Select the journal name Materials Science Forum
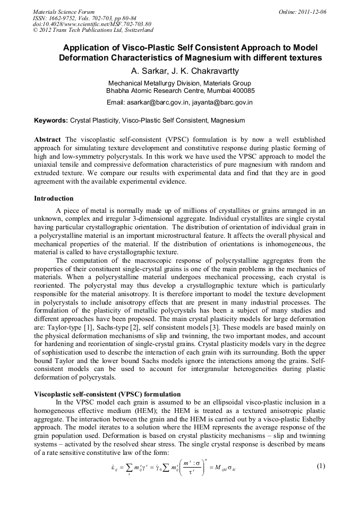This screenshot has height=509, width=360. click(64, 11)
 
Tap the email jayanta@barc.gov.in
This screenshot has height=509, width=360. click(222, 102)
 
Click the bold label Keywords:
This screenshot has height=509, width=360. click(51, 120)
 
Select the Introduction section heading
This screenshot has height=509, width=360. click(54, 199)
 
